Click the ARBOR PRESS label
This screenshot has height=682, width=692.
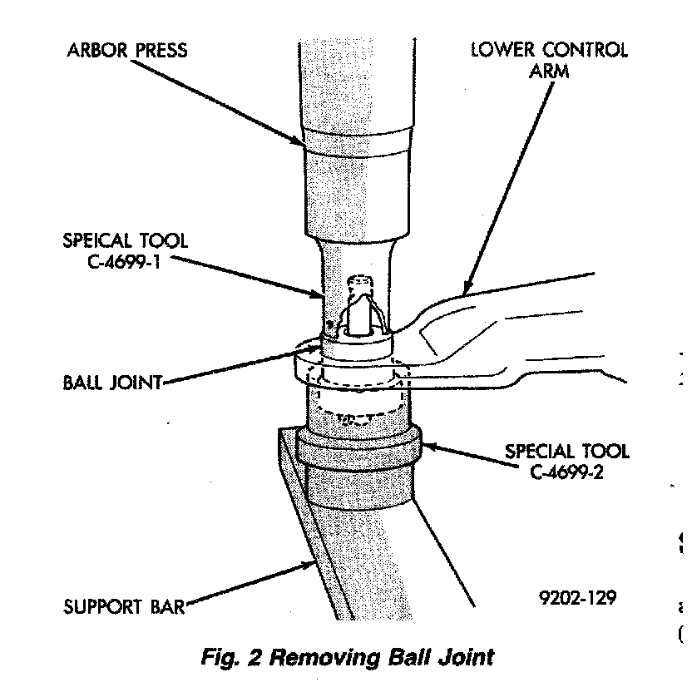coord(126,51)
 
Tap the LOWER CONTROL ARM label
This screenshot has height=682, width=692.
coord(549,60)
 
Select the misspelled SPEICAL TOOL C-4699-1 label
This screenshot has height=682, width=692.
coord(126,251)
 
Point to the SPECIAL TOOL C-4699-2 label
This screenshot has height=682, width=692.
coord(567,462)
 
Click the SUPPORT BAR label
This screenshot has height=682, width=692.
coord(124,605)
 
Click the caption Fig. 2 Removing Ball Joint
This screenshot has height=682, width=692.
coord(348,657)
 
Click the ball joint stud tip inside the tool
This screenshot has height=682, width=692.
coord(360,284)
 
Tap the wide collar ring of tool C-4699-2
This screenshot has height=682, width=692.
coord(358,449)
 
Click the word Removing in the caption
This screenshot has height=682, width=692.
coord(332,657)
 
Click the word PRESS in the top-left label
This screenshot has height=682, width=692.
coord(160,51)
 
